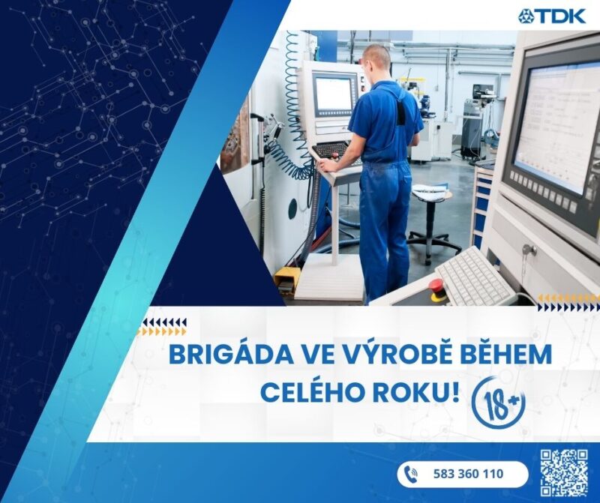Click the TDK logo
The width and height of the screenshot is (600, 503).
(x=552, y=16)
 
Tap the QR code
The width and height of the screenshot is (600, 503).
(x=564, y=474)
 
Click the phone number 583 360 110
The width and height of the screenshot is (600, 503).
(x=468, y=474)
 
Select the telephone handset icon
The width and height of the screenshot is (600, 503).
(x=411, y=475)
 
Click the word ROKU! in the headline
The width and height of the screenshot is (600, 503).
(x=417, y=393)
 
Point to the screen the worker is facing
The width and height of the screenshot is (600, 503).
(x=332, y=93)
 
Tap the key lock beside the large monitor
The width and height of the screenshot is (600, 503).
(x=530, y=250)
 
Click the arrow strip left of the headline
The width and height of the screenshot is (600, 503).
(x=161, y=327)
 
